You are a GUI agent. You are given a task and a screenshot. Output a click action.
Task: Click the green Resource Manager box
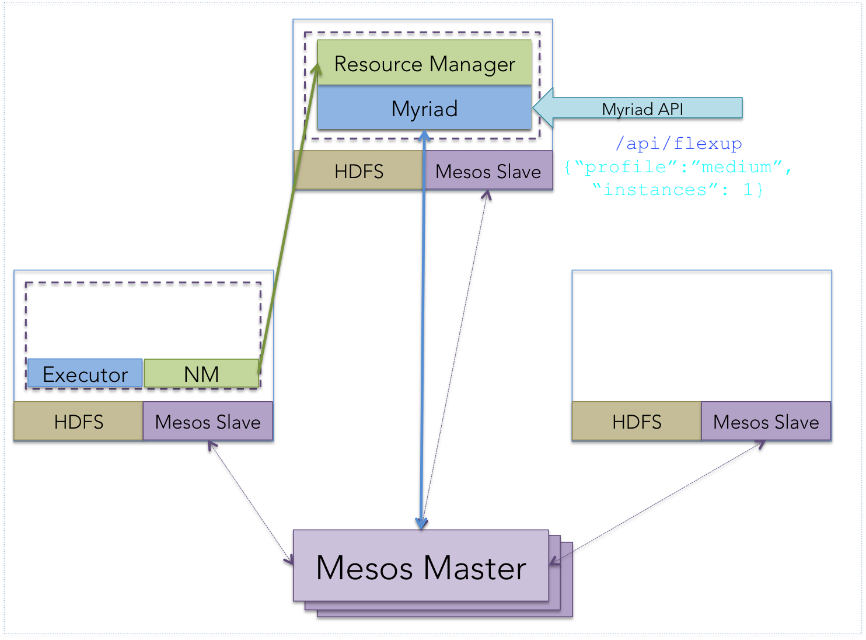pyautogui.click(x=424, y=62)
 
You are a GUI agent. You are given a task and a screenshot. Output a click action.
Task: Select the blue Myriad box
pyautogui.click(x=424, y=107)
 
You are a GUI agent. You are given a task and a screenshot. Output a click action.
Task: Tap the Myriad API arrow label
pyautogui.click(x=642, y=109)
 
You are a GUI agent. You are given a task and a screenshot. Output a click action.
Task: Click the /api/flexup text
pyautogui.click(x=679, y=144)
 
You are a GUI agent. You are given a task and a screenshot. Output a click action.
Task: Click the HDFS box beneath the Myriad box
pyautogui.click(x=358, y=171)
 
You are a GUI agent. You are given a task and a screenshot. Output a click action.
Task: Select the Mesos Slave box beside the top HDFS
pyautogui.click(x=488, y=171)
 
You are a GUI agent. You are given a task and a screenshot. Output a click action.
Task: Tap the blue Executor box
pyautogui.click(x=85, y=374)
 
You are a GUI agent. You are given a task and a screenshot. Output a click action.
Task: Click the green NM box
pyautogui.click(x=201, y=374)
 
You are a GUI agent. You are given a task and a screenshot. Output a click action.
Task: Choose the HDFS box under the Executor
pyautogui.click(x=78, y=421)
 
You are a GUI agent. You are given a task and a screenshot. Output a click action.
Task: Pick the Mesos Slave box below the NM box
pyautogui.click(x=208, y=421)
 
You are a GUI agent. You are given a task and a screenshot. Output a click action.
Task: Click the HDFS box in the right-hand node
pyautogui.click(x=637, y=421)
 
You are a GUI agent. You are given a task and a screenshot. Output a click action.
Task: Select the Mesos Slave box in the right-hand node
pyautogui.click(x=766, y=421)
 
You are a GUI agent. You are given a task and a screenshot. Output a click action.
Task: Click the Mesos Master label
pyautogui.click(x=421, y=568)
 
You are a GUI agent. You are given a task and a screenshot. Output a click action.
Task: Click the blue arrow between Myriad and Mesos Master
pyautogui.click(x=423, y=329)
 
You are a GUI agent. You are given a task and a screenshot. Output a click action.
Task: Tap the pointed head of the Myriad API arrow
pyautogui.click(x=533, y=107)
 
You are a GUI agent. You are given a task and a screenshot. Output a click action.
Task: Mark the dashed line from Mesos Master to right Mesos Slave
pyautogui.click(x=657, y=502)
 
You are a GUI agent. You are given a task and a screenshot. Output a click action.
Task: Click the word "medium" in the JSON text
pyautogui.click(x=736, y=167)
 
